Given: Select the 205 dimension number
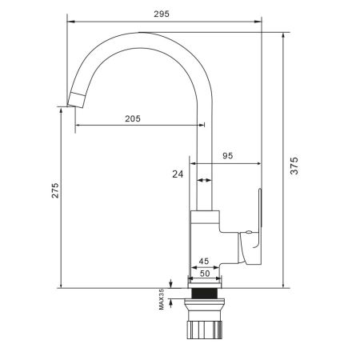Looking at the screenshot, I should (x=133, y=118).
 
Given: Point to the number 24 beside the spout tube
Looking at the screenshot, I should (x=177, y=174).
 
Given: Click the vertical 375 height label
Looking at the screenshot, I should (x=294, y=165).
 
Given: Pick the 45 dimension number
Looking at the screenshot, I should (x=203, y=261).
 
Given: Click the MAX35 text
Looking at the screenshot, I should (x=162, y=298).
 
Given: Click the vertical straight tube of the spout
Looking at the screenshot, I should (x=205, y=160).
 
